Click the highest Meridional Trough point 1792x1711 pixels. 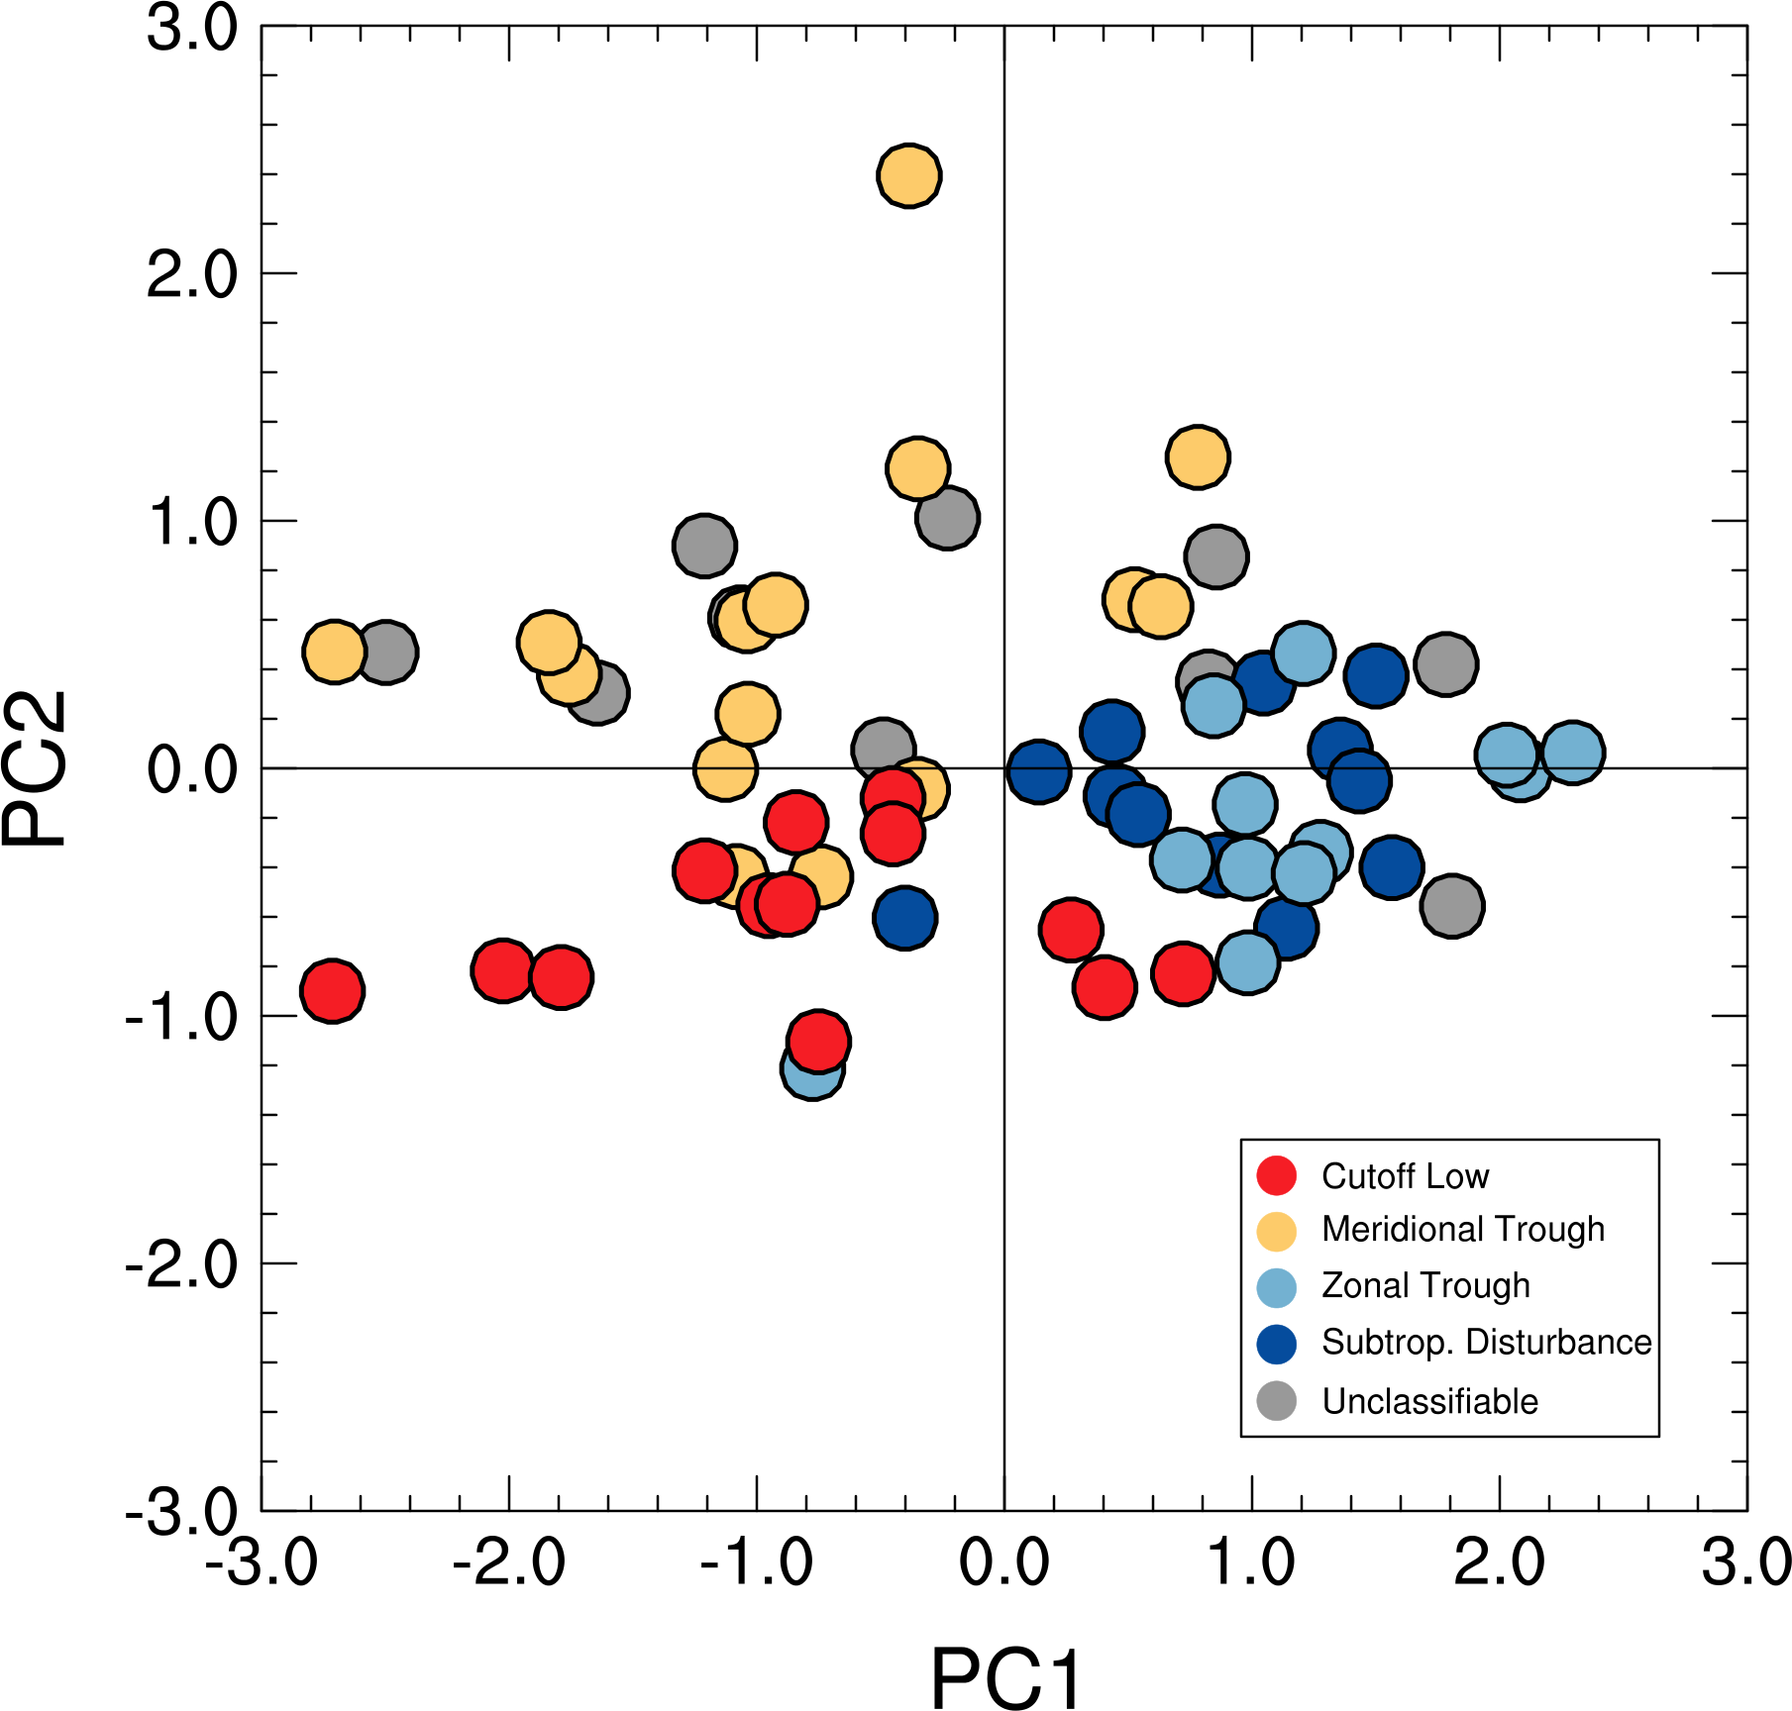point(908,176)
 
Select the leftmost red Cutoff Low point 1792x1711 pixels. point(333,990)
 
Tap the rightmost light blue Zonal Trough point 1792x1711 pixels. point(1572,753)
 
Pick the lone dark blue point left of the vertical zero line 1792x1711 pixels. point(904,918)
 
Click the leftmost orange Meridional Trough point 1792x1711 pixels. point(335,652)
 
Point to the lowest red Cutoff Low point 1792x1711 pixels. point(818,1041)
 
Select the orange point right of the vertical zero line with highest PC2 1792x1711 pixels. point(1198,457)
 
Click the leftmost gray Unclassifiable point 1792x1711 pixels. point(386,652)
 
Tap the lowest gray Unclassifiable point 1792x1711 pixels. point(1451,905)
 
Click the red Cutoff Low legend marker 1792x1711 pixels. point(1276,1175)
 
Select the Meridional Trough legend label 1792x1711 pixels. point(1462,1229)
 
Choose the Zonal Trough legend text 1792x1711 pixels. point(1425,1285)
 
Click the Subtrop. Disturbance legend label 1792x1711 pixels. point(1486,1342)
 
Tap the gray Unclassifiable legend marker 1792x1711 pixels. point(1276,1401)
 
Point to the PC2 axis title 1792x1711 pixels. point(36,768)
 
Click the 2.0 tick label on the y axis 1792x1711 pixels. point(192,274)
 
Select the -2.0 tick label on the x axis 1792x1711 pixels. point(508,1562)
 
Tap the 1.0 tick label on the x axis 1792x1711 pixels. point(1251,1562)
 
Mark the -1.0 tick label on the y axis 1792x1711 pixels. point(181,1017)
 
